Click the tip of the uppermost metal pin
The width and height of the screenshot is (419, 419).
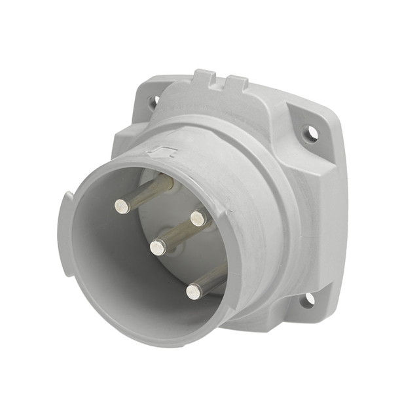[x=122, y=206]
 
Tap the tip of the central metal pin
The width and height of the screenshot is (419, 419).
[x=157, y=247]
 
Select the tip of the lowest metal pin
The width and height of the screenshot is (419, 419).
[x=194, y=291]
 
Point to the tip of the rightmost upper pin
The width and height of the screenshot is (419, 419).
[x=198, y=218]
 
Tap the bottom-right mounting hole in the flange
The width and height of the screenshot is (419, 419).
[x=309, y=299]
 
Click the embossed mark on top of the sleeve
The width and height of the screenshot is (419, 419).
[x=161, y=153]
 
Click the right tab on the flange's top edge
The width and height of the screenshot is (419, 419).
[x=237, y=83]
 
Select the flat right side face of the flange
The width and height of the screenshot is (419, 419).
[x=331, y=216]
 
